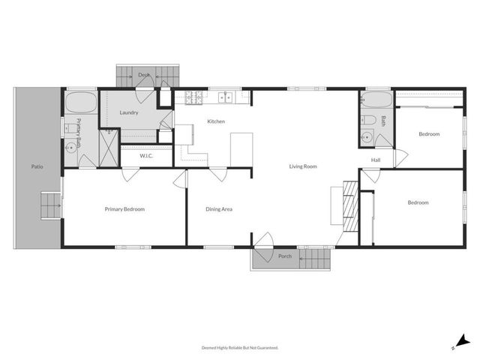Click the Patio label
[37, 166]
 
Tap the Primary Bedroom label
[124, 209]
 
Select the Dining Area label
[219, 209]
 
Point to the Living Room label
[303, 166]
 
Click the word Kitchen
[216, 121]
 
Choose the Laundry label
[129, 112]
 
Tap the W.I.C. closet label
[147, 156]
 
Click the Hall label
[376, 160]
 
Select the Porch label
[285, 256]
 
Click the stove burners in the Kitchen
[190, 97]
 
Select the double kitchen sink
[225, 97]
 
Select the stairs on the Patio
[49, 203]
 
